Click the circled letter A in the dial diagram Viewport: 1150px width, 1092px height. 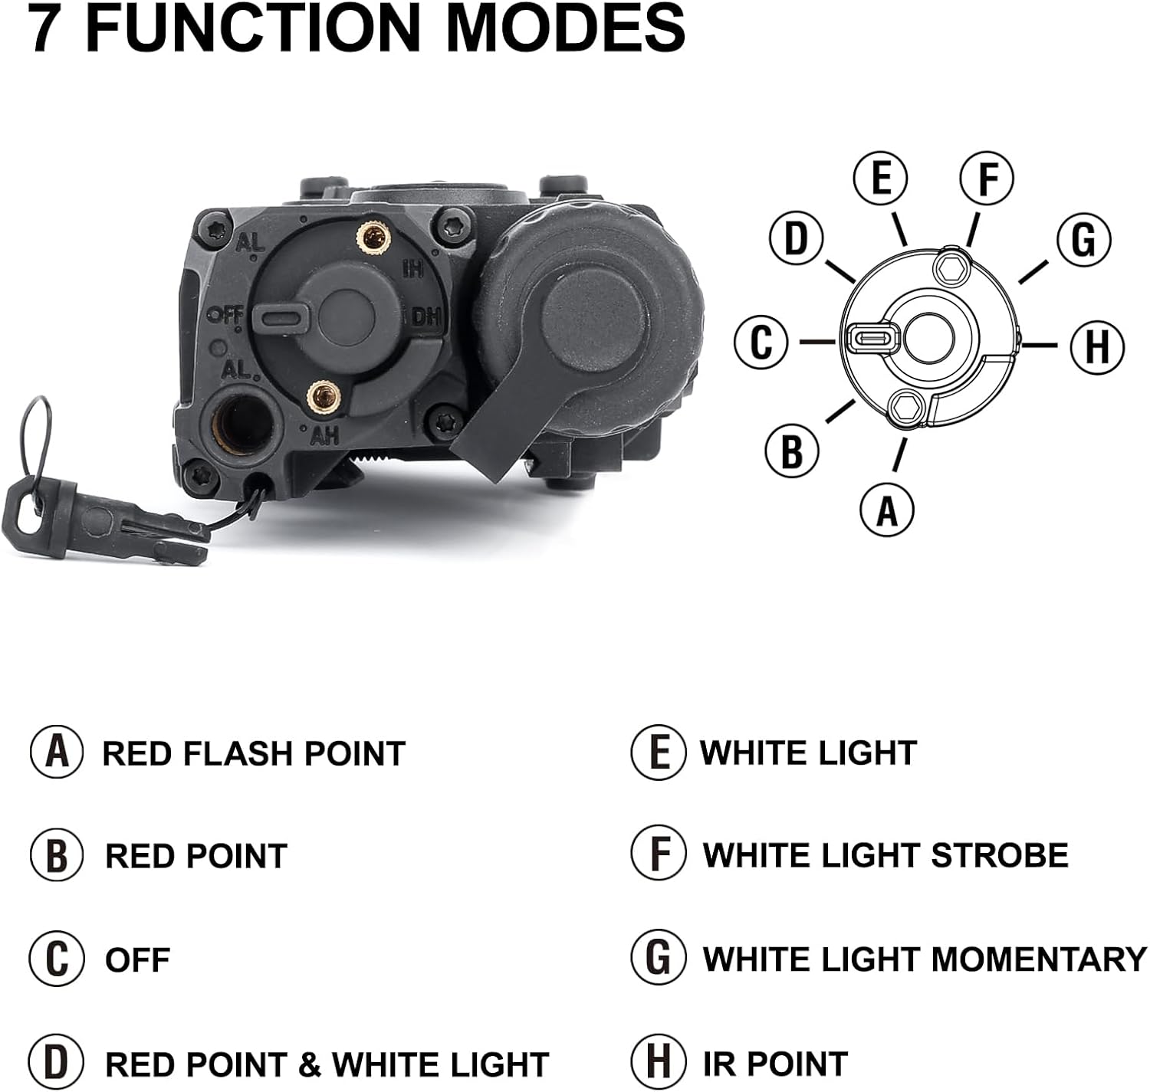886,509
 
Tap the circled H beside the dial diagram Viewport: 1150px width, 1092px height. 1096,345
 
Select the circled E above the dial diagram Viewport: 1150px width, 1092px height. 881,178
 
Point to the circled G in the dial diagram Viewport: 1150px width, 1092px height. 1083,239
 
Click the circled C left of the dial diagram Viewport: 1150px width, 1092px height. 761,342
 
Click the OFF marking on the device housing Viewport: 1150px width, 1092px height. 225,314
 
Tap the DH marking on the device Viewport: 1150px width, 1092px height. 425,316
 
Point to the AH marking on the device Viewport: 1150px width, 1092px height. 324,436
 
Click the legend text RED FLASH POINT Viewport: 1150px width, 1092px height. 253,754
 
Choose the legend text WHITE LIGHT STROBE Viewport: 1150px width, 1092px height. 885,855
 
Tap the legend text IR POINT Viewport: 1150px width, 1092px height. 774,1064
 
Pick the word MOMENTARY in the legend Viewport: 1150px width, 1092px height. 1039,959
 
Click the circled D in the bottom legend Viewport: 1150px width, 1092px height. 56,1064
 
